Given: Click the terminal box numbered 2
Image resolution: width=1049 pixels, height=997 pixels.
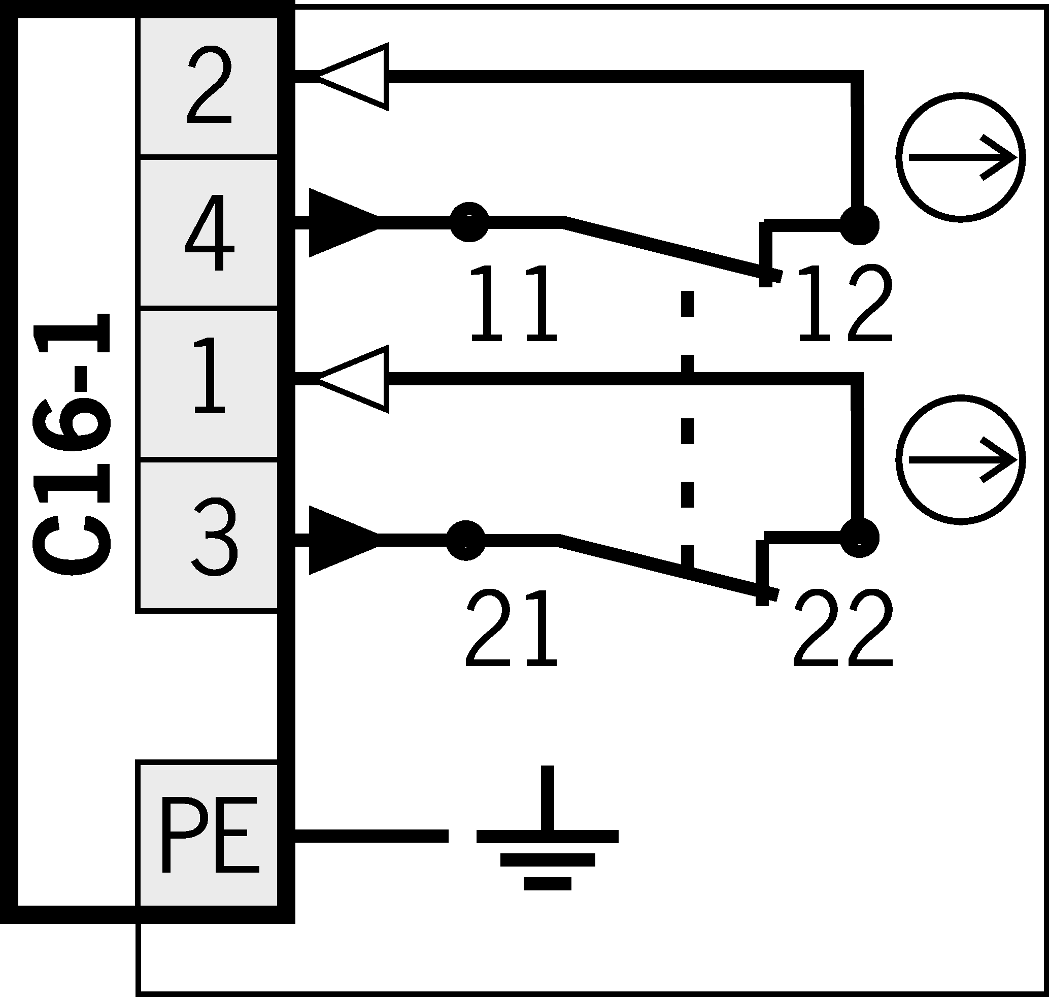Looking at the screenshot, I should pyautogui.click(x=208, y=86).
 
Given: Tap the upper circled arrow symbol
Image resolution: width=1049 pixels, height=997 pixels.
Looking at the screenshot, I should pyautogui.click(x=960, y=157).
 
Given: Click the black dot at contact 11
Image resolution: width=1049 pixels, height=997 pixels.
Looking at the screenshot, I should pyautogui.click(x=469, y=222).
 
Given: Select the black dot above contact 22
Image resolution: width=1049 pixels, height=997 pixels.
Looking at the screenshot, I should pyautogui.click(x=859, y=538).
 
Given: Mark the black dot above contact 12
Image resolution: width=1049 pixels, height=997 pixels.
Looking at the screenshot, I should pyautogui.click(x=859, y=225).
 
